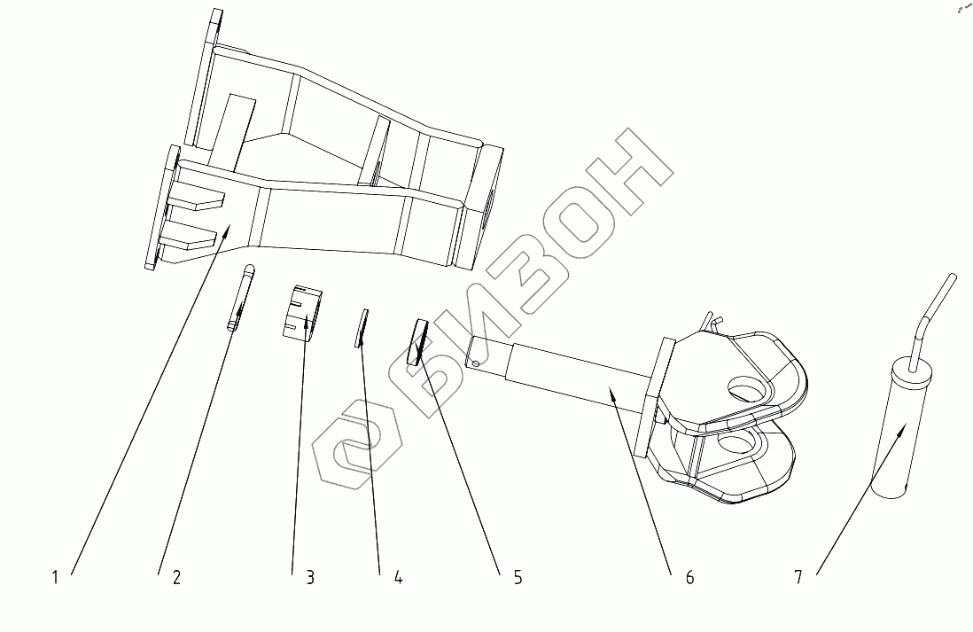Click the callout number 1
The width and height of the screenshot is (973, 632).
click(55, 578)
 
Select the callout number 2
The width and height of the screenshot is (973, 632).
click(176, 578)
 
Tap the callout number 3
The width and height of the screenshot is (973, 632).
click(310, 578)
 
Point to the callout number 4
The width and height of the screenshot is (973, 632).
click(399, 578)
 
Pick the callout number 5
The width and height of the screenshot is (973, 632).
click(518, 578)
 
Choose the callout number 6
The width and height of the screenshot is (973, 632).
click(689, 578)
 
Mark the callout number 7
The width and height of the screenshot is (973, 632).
click(798, 578)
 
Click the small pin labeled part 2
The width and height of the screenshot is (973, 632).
click(241, 298)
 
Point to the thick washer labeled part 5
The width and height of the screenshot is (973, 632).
click(416, 341)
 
